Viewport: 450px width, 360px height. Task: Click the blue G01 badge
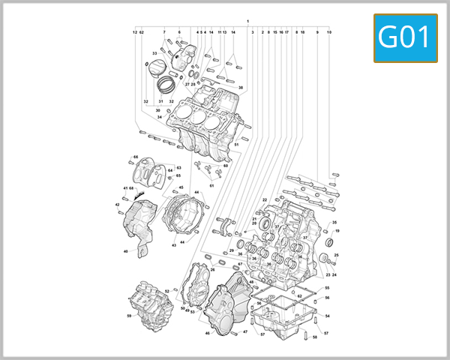pos(406,38)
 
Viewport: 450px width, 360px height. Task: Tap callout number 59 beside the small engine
pos(128,316)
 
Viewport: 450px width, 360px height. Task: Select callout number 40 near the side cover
pos(126,251)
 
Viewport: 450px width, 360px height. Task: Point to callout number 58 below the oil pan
pos(315,337)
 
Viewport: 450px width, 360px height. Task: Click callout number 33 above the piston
pos(154,53)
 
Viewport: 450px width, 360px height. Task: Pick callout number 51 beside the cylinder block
pos(236,144)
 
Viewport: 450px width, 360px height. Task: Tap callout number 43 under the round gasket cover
pos(173,245)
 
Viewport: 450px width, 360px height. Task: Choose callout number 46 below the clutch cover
pos(207,333)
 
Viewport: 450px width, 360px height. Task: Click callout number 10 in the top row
pos(329,32)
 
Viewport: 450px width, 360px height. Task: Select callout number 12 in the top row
pos(135,32)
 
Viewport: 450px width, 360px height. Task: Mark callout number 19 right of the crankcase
pos(337,231)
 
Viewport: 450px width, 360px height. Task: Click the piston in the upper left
pos(158,69)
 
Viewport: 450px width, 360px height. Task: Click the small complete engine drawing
pos(148,306)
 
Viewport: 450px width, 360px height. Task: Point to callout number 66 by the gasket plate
pos(136,157)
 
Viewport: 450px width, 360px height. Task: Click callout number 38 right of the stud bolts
pos(241,88)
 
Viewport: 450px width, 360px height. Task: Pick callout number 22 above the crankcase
pos(265,200)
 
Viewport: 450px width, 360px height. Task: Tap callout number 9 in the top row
pos(317,32)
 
